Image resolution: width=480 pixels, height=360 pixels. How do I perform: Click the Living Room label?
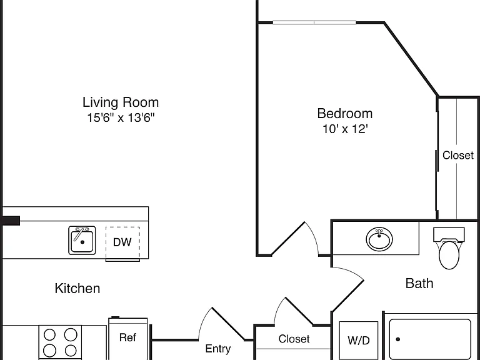click(121, 102)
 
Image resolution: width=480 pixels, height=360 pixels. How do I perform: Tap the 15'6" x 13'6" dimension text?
click(121, 117)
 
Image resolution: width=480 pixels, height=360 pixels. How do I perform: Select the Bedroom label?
click(345, 114)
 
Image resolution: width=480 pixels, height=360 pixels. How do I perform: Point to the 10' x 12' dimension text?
click(345, 129)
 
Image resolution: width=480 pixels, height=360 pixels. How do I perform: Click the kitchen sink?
click(82, 240)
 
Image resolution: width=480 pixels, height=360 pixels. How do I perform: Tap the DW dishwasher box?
click(122, 244)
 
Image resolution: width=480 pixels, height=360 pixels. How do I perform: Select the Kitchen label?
click(77, 288)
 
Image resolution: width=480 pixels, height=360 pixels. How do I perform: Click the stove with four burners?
click(60, 342)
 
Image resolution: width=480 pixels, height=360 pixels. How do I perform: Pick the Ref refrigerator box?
click(128, 339)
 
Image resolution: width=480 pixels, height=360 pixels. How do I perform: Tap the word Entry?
click(218, 349)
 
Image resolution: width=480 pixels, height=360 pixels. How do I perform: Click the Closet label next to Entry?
click(294, 339)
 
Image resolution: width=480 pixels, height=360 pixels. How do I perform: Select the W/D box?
click(359, 341)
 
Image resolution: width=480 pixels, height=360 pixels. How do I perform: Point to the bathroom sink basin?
click(379, 239)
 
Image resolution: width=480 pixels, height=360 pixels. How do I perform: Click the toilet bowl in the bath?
click(449, 255)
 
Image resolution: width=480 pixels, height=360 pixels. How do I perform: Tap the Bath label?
click(419, 284)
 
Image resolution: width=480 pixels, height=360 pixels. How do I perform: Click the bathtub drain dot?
click(398, 339)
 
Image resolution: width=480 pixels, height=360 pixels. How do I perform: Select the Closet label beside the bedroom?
click(458, 156)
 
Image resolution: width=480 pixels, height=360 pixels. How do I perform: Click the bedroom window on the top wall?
click(314, 22)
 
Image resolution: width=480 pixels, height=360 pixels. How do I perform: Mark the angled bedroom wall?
click(411, 59)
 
